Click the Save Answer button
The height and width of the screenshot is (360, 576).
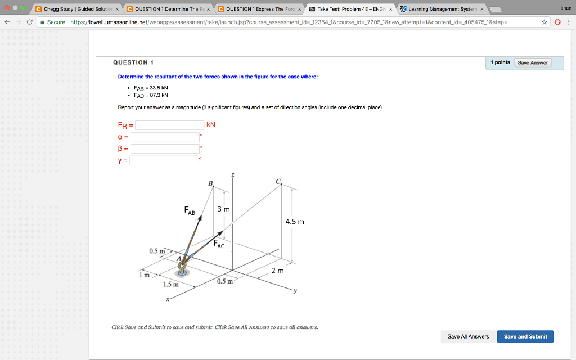[532, 62]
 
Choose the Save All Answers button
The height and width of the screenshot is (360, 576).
[468, 336]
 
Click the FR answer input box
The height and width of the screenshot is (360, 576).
[170, 125]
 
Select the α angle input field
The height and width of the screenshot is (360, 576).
[165, 137]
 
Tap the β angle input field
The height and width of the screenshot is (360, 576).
[165, 148]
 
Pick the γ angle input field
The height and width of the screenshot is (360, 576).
[165, 160]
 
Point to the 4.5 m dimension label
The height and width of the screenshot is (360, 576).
[295, 222]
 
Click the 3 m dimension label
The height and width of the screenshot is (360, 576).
[223, 209]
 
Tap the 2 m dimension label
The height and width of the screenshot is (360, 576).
[278, 271]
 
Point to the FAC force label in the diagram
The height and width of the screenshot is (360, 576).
[219, 244]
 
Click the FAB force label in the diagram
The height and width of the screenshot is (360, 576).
[190, 211]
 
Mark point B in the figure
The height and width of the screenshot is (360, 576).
[211, 184]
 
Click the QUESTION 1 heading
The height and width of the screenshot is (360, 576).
[133, 62]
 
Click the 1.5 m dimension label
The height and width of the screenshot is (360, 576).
[170, 284]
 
